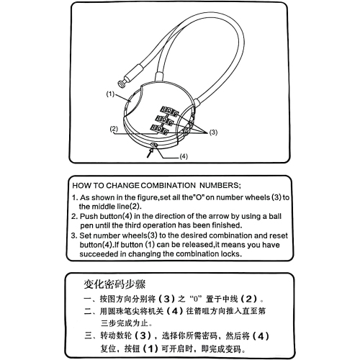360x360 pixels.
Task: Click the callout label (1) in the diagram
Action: [x=110, y=94]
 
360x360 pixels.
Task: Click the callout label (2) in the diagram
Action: [x=114, y=130]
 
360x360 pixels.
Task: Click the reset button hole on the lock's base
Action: [x=155, y=143]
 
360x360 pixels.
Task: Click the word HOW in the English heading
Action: [x=84, y=184]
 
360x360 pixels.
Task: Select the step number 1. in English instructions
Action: [x=75, y=197]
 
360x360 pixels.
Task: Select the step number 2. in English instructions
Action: [x=75, y=216]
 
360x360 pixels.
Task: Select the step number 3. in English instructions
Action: [x=75, y=235]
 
